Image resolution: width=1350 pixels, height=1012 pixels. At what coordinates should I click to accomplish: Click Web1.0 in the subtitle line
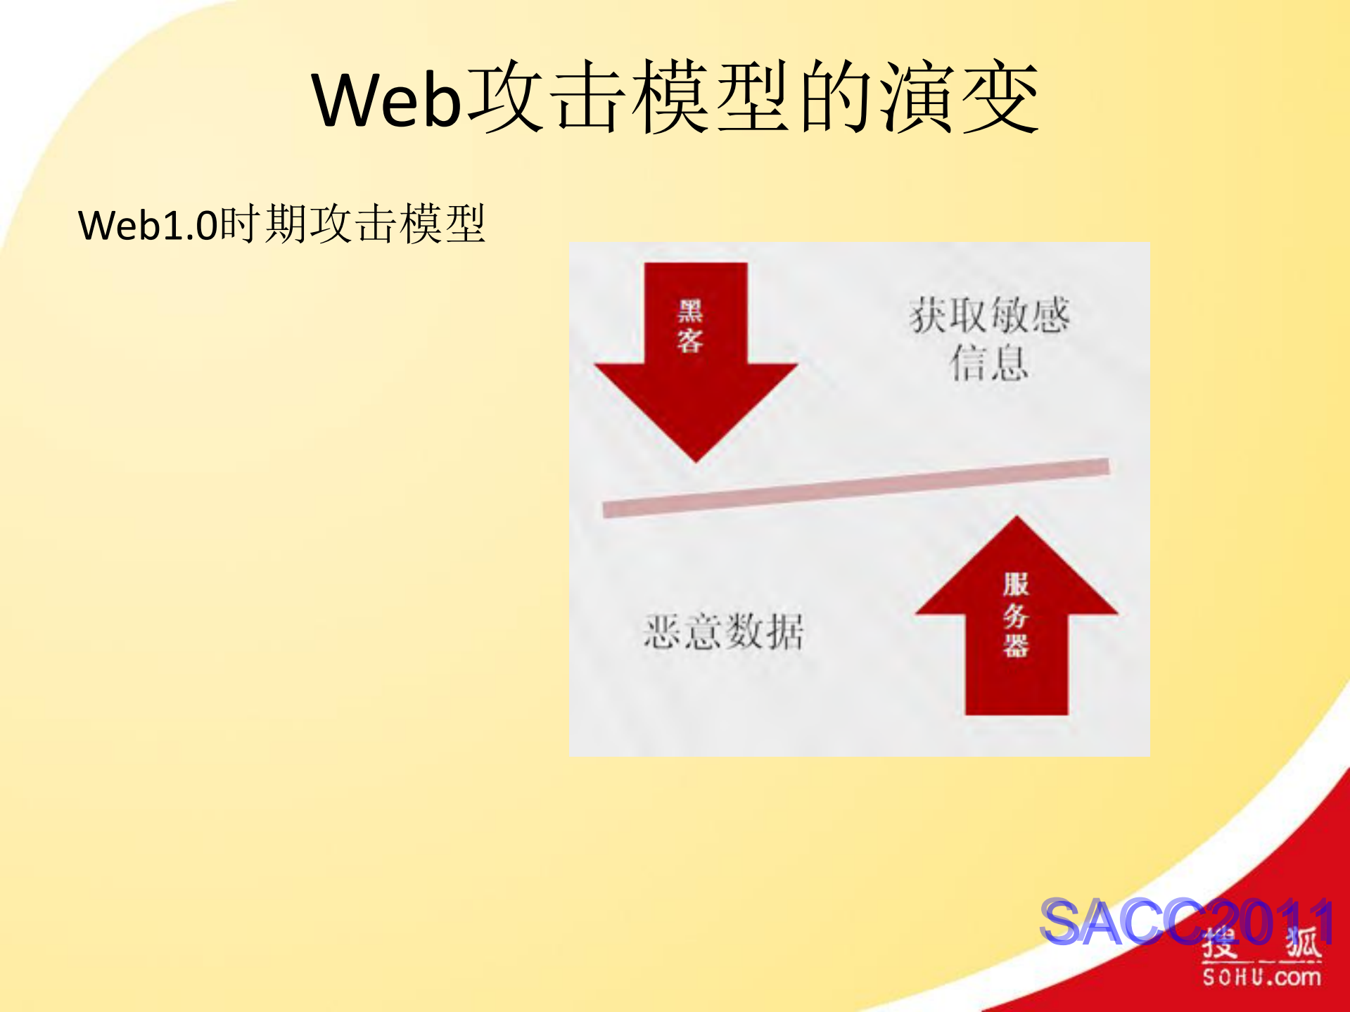pyautogui.click(x=148, y=225)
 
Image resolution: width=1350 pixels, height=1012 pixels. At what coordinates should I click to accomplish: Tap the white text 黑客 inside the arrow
pyautogui.click(x=690, y=326)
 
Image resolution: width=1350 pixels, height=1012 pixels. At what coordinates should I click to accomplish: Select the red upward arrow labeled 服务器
pyautogui.click(x=1017, y=633)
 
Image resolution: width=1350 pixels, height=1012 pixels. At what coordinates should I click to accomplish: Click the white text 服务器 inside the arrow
pyautogui.click(x=1016, y=615)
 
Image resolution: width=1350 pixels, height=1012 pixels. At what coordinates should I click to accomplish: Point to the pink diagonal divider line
pyautogui.click(x=855, y=487)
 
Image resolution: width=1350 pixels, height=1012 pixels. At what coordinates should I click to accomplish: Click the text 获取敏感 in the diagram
pyautogui.click(x=989, y=314)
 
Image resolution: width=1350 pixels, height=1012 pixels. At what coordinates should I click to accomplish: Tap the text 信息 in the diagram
pyautogui.click(x=989, y=363)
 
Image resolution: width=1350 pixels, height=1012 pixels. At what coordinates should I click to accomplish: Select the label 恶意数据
pyautogui.click(x=723, y=631)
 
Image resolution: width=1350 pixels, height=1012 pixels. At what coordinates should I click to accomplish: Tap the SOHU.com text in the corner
pyautogui.click(x=1261, y=977)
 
